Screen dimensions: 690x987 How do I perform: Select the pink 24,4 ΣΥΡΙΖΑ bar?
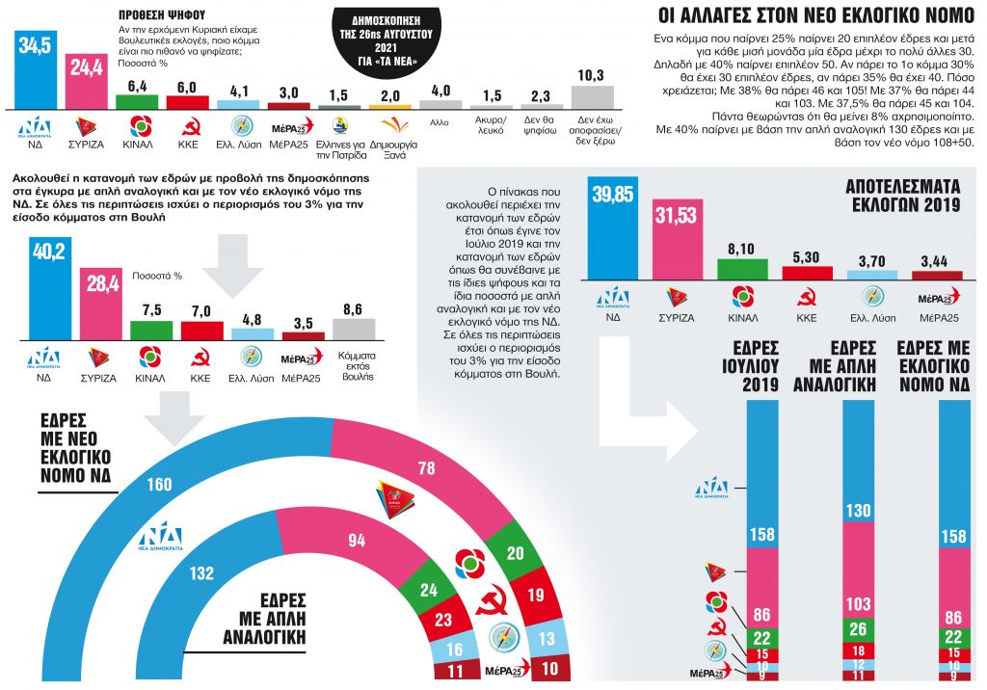(87, 81)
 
